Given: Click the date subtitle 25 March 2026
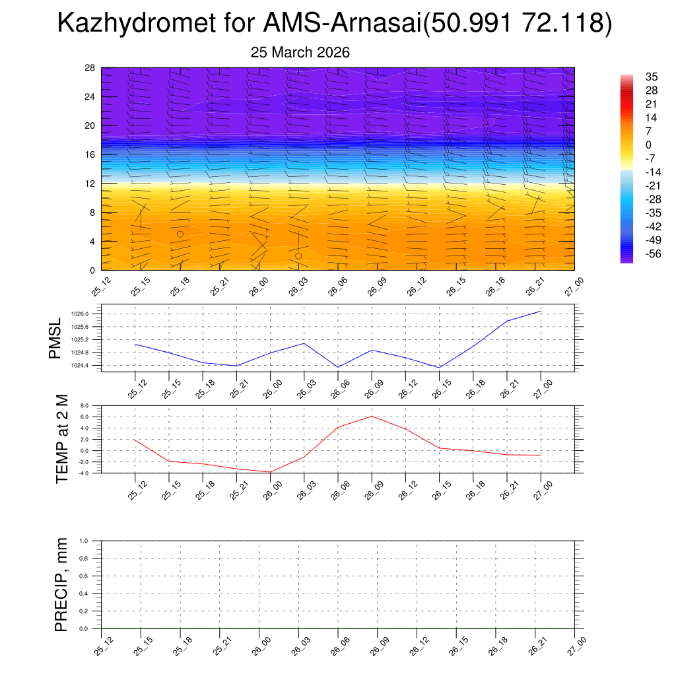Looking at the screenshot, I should pyautogui.click(x=300, y=52).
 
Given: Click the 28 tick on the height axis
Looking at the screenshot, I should pyautogui.click(x=90, y=68).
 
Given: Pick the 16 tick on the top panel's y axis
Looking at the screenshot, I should pyautogui.click(x=90, y=154).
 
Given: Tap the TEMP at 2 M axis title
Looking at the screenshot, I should pyautogui.click(x=62, y=438).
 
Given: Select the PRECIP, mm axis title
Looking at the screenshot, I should pyautogui.click(x=61, y=584).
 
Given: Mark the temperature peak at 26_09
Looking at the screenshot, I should pyautogui.click(x=372, y=416).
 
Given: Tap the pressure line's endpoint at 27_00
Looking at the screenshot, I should pyautogui.click(x=541, y=311).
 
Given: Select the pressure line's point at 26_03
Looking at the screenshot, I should pyautogui.click(x=304, y=343).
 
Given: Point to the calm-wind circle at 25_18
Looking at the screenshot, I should pyautogui.click(x=180, y=234).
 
